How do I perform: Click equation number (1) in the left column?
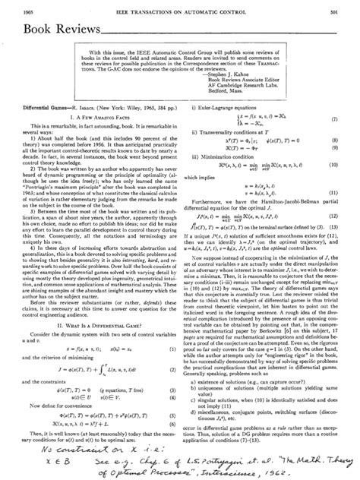click(172, 345)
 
